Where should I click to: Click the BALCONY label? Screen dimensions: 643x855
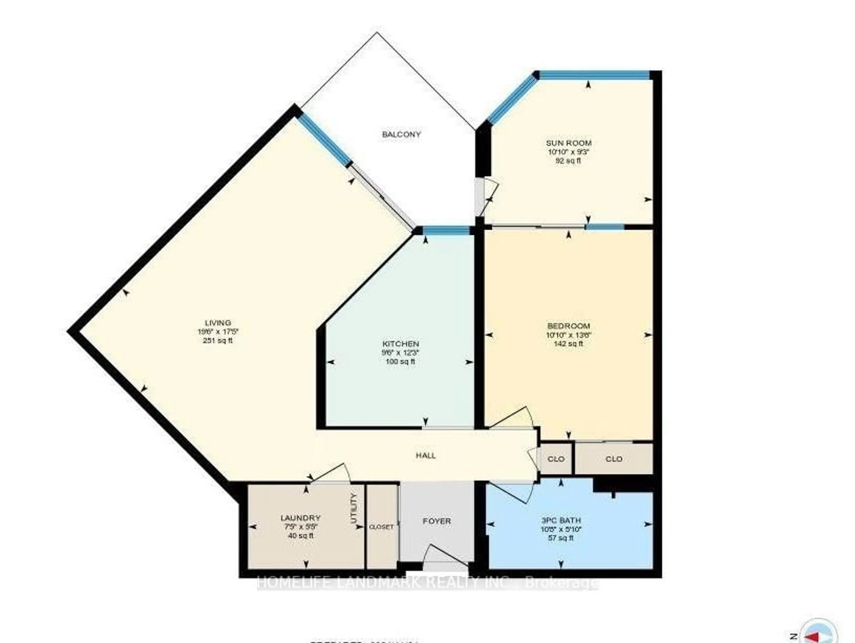[x=401, y=134]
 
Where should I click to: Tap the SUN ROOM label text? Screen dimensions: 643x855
[x=568, y=143]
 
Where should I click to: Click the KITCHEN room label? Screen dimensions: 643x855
[x=400, y=344]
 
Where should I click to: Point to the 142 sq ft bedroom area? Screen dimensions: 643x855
[x=568, y=344]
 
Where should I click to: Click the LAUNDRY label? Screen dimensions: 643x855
[x=300, y=518]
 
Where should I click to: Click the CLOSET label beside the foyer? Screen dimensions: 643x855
[x=381, y=527]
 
